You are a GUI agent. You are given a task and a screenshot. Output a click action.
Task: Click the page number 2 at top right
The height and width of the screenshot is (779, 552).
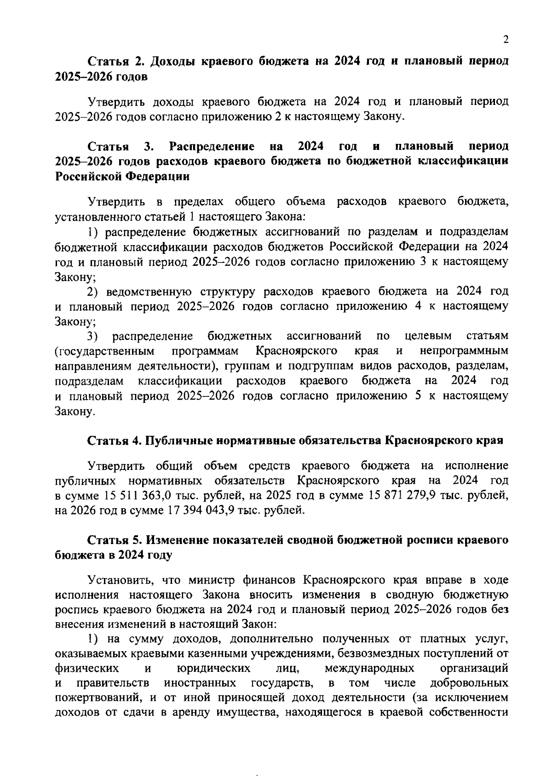pos(506,40)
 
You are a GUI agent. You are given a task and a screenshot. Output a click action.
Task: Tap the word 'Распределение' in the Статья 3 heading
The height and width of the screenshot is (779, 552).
pos(212,147)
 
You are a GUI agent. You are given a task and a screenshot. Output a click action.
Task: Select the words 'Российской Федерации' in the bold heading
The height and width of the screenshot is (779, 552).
pos(122,177)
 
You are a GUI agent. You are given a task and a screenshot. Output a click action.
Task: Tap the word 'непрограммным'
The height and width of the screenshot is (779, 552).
pos(464,351)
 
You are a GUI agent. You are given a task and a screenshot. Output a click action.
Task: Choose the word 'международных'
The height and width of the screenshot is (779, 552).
pos(369,667)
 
